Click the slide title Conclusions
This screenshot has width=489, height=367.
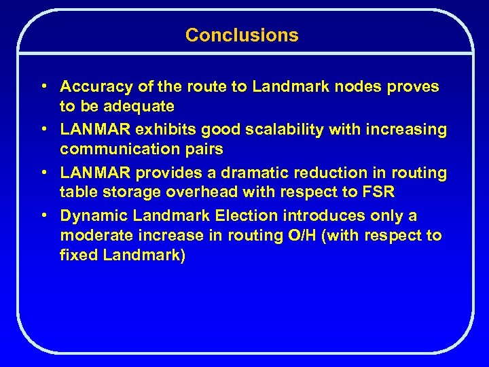(x=242, y=35)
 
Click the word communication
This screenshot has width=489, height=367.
(x=113, y=150)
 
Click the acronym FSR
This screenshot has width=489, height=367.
(x=378, y=192)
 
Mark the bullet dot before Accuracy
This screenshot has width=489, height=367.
(x=43, y=87)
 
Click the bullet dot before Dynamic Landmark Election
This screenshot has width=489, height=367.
(x=43, y=216)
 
